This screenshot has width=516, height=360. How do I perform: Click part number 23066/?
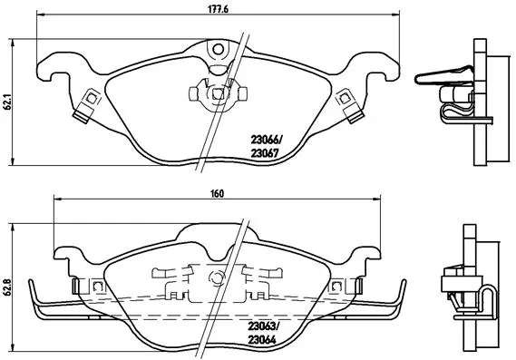click(266, 140)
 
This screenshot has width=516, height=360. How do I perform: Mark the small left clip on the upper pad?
click(89, 102)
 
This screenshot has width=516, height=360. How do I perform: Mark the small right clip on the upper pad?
click(344, 102)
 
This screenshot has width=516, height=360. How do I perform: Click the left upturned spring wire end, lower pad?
click(34, 295)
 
